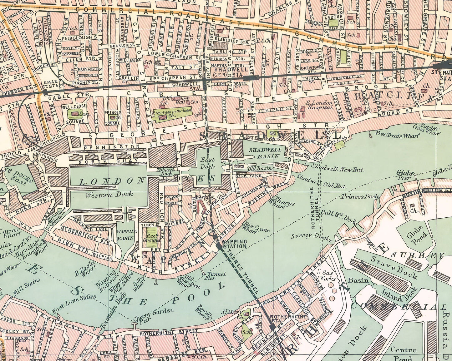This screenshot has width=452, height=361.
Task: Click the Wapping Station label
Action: click(x=234, y=244)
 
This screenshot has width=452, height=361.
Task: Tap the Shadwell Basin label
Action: click(x=265, y=153)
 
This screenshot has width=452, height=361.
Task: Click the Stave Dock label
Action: click(x=394, y=267)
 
